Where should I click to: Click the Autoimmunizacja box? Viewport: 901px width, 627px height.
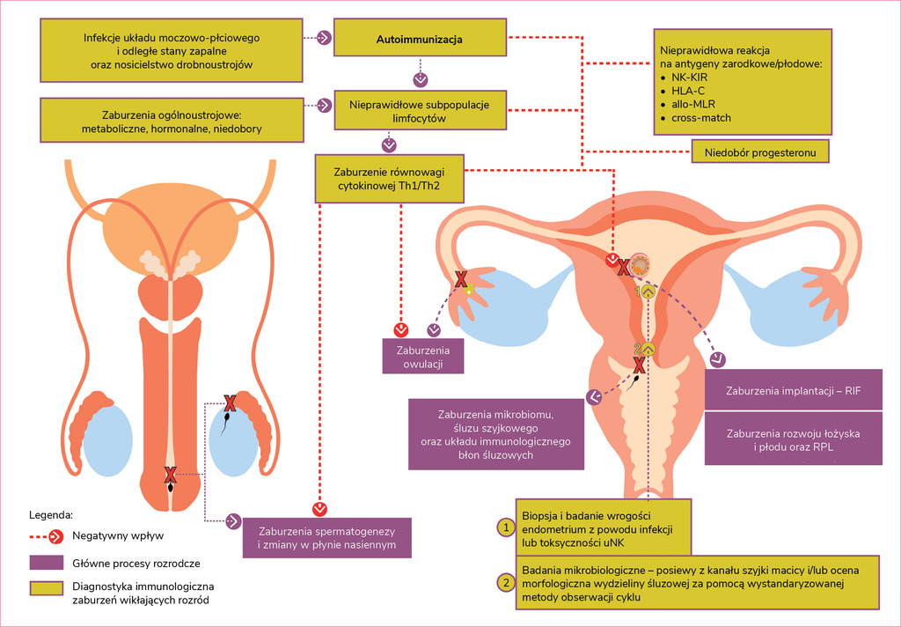click(419, 40)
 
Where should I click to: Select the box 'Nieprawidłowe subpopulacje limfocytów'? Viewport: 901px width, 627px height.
click(419, 110)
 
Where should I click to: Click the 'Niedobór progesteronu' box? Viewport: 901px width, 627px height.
click(760, 152)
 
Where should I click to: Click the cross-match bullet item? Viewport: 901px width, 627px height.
click(701, 118)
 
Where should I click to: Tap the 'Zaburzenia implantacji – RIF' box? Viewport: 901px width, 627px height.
click(793, 390)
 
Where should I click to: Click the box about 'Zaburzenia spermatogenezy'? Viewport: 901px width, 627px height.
click(326, 538)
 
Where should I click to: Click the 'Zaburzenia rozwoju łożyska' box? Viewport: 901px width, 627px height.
click(793, 439)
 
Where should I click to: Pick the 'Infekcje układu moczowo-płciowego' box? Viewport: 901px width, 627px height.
click(172, 52)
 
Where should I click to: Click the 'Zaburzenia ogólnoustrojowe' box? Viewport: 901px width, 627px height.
click(172, 122)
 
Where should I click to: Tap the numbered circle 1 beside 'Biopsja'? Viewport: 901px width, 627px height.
click(505, 527)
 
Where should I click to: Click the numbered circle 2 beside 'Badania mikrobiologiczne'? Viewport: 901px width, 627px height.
click(505, 582)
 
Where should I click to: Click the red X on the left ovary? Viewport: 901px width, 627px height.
click(459, 280)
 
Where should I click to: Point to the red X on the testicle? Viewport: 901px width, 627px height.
click(230, 404)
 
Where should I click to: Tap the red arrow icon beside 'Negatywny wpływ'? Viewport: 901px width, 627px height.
click(55, 535)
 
